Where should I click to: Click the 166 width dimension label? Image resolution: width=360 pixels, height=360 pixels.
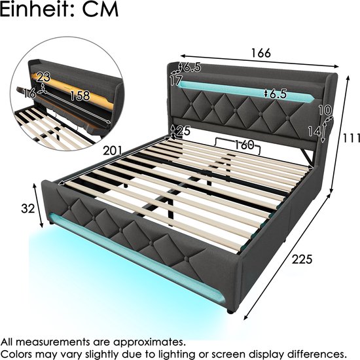coord(261,53)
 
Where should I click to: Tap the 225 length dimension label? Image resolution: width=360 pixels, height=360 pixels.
coord(302,259)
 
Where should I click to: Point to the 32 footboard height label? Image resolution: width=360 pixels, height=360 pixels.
coord(27,208)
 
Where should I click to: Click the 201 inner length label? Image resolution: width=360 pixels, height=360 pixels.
coord(113,151)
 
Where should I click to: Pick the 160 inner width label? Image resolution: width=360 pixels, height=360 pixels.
coord(244,145)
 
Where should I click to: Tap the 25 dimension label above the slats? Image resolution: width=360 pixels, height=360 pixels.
coord(183,131)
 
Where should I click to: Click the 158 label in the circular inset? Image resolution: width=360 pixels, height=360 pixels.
coord(80,96)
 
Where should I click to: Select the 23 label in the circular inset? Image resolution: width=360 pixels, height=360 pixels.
coord(43,77)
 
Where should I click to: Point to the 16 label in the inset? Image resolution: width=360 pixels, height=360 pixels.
coord(29,93)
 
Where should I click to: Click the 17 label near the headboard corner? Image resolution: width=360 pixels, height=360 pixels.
coord(176,81)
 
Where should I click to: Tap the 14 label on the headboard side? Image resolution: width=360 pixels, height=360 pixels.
coord(314,132)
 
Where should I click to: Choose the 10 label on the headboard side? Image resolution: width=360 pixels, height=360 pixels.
coord(325,110)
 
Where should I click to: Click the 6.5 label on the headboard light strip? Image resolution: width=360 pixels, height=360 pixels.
coord(278,94)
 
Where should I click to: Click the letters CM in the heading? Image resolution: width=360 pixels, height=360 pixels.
coord(100,9)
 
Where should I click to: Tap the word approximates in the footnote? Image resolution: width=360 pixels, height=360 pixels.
coord(149,343)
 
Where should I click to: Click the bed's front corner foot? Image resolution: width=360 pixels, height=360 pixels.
coord(230,312)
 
